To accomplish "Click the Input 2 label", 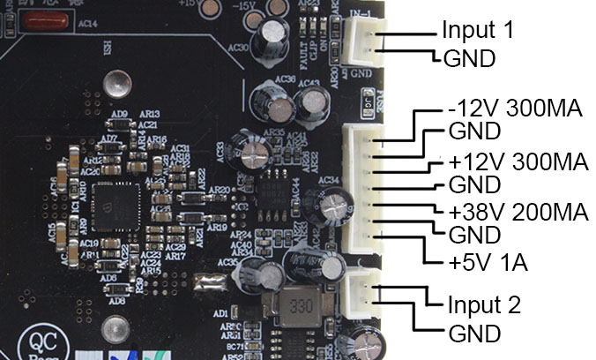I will coord(484,306).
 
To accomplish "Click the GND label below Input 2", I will coord(475,334).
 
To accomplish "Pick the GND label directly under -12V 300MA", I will coord(474,133).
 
